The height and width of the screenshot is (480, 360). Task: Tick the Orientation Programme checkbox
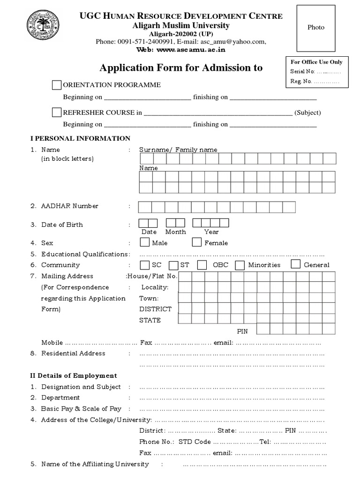pyautogui.click(x=57, y=85)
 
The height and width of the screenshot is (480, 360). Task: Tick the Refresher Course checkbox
pyautogui.click(x=57, y=112)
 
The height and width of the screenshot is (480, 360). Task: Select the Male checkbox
pyautogui.click(x=145, y=242)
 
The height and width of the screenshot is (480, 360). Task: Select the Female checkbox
pyautogui.click(x=197, y=242)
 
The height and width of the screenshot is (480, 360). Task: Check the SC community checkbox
pyautogui.click(x=145, y=265)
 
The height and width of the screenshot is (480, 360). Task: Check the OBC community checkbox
pyautogui.click(x=202, y=265)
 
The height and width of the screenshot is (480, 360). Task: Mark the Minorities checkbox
pyautogui.click(x=240, y=265)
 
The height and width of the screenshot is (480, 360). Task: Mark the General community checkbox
pyautogui.click(x=295, y=264)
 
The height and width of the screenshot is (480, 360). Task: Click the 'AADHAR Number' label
pyautogui.click(x=70, y=206)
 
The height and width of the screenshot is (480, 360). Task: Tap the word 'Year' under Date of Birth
pyautogui.click(x=211, y=232)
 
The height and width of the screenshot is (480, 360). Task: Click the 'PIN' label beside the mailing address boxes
pyautogui.click(x=242, y=331)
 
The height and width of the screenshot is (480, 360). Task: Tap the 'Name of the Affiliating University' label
pyautogui.click(x=95, y=464)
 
